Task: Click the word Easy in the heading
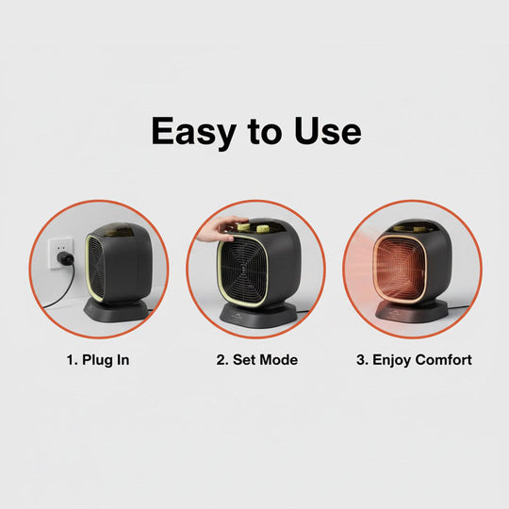click(x=193, y=132)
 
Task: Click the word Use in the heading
click(x=325, y=132)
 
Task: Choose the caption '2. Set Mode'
click(x=256, y=359)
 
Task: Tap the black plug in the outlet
click(x=63, y=261)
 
